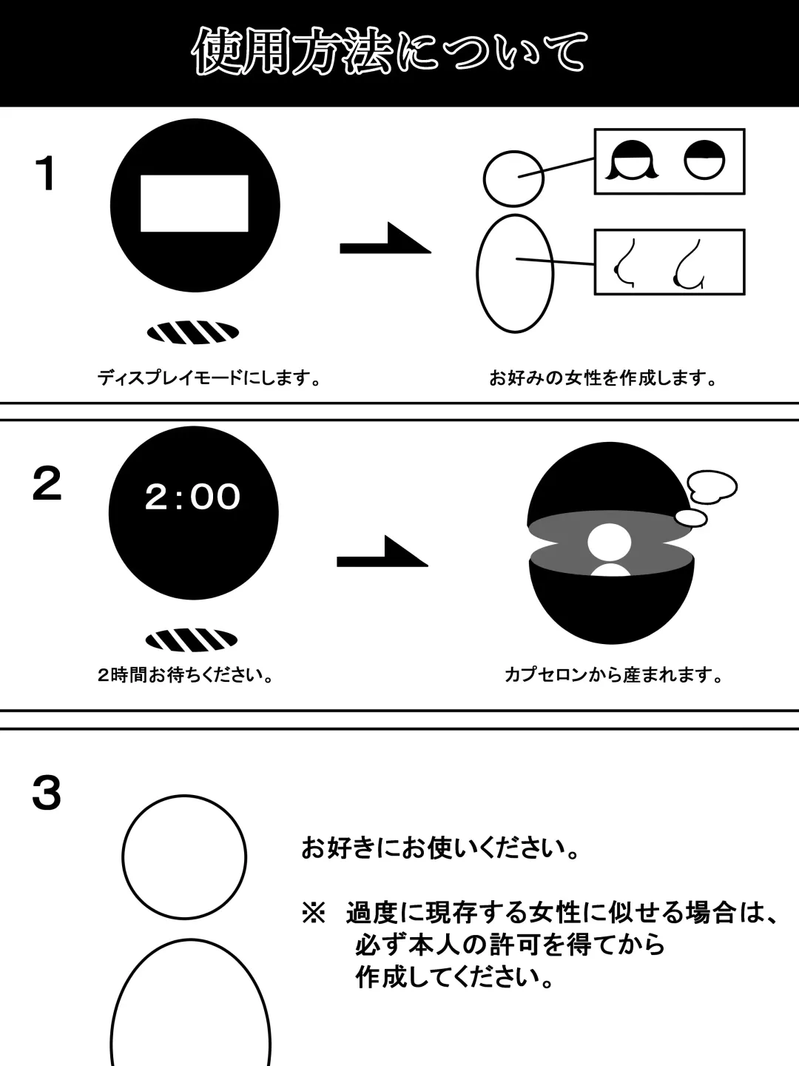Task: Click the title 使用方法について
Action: coord(390,52)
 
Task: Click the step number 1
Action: coord(46,173)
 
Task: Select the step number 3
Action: coord(47,793)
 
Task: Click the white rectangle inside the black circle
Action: coord(194,204)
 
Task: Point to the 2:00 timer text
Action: coord(192,497)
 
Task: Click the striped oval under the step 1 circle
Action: coord(193,332)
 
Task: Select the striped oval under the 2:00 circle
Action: coord(192,640)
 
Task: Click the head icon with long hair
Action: coord(633,160)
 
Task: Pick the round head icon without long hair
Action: coord(704,160)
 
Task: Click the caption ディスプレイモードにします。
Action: coord(209,378)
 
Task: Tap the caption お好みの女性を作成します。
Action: coord(603,378)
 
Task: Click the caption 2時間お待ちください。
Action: coord(186,675)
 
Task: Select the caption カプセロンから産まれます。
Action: coord(614,675)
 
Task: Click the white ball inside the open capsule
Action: coord(610,543)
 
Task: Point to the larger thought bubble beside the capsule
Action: coord(712,487)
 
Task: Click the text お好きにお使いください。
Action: coord(440,848)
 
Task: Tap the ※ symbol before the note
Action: coord(314,913)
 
